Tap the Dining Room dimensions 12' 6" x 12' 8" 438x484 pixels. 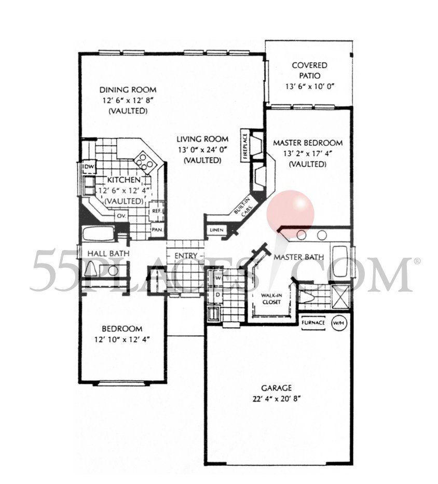[127, 100]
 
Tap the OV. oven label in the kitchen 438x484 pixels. [122, 215]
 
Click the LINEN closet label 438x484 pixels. [216, 230]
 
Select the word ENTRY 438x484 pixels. [185, 256]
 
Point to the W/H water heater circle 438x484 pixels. [338, 323]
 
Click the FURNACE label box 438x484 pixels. [313, 323]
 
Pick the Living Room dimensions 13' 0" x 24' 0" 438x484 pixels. [202, 150]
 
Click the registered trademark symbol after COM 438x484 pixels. [416, 261]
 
